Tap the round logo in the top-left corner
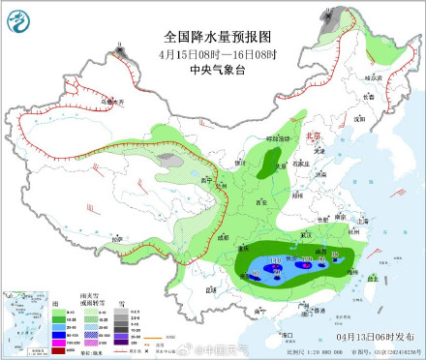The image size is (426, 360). coord(19,18)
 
